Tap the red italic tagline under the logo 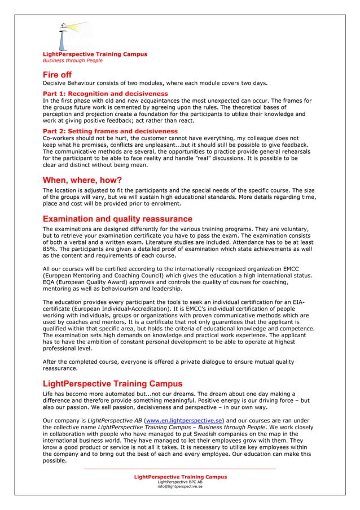point(65,60)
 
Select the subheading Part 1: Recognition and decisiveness point(105,93)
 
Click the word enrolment point(165,203)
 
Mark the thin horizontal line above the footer point(180,468)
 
